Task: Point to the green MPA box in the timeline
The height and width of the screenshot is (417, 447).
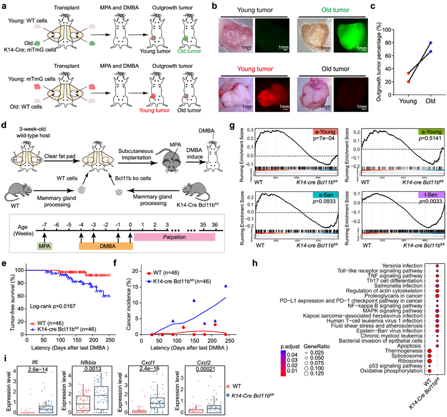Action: [x=45, y=246]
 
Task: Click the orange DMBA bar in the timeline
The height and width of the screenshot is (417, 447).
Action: [x=105, y=246]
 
